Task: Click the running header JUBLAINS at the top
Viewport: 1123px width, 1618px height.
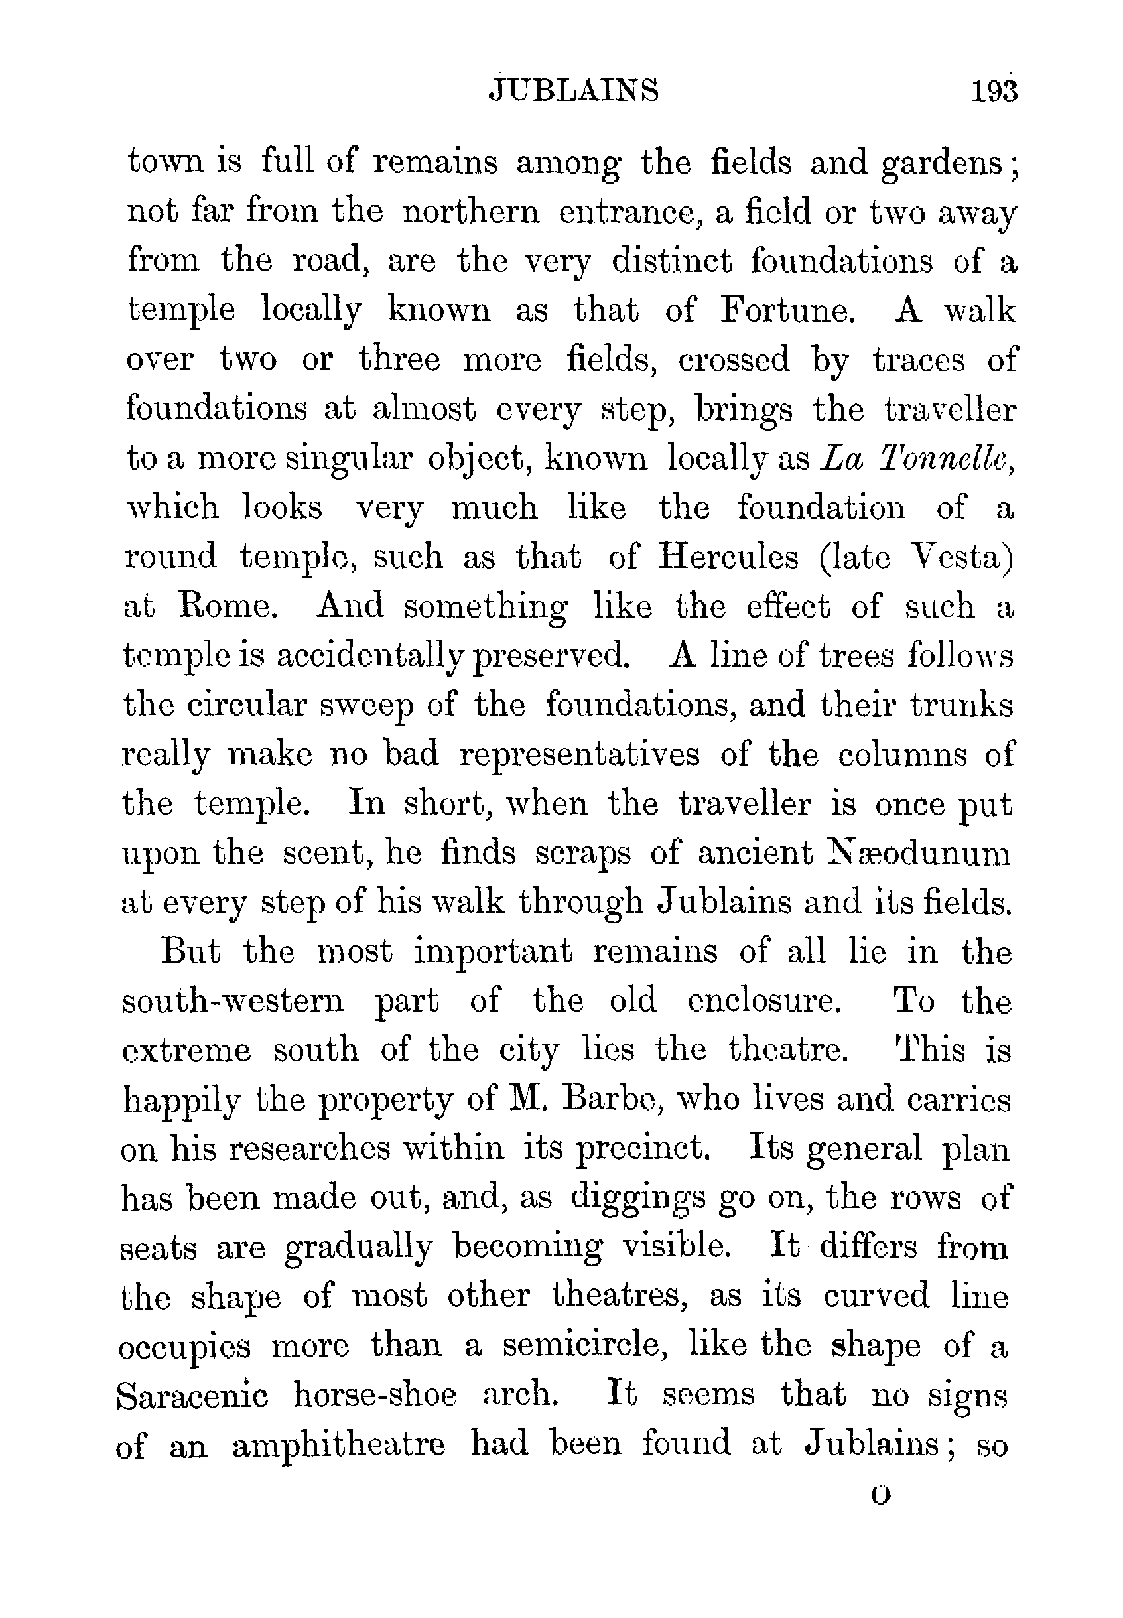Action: point(574,91)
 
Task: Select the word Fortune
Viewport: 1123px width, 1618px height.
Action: point(787,310)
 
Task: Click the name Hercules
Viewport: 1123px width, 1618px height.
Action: point(728,557)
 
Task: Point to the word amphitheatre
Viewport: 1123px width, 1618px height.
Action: point(338,1446)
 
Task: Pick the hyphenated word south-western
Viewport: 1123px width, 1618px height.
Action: point(233,1001)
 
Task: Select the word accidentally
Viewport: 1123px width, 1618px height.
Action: point(373,656)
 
